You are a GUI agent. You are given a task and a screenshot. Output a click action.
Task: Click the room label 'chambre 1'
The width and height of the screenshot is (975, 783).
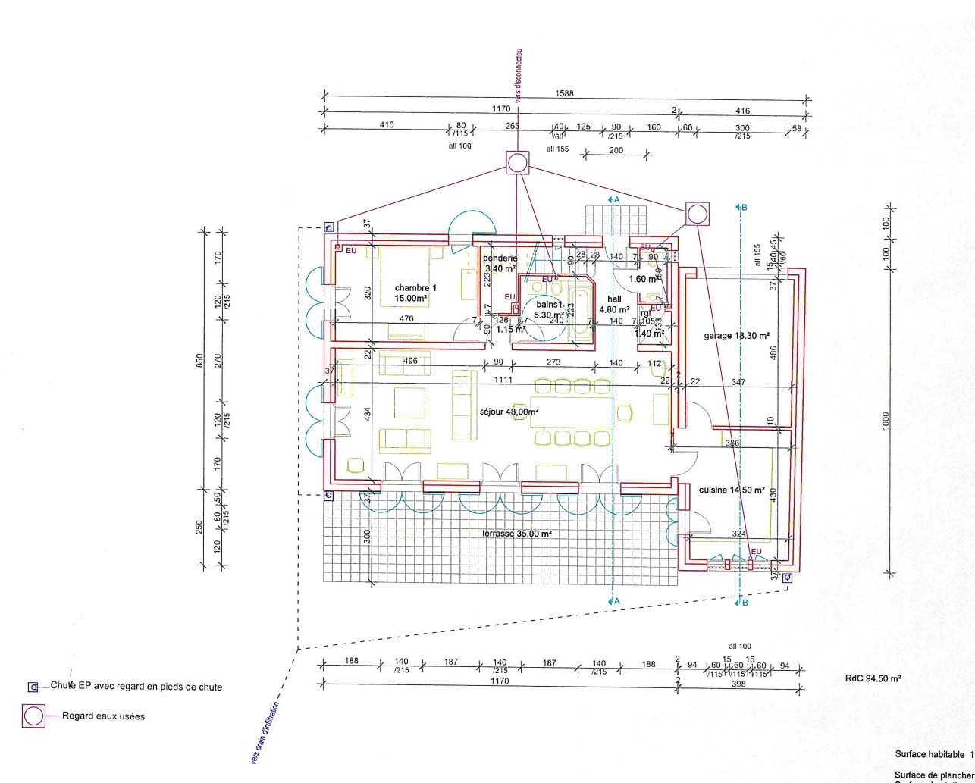(415, 288)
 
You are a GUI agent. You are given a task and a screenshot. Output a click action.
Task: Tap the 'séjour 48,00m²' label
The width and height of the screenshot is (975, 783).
(509, 412)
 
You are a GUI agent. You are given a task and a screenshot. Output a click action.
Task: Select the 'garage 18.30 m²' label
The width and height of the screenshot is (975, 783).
(736, 335)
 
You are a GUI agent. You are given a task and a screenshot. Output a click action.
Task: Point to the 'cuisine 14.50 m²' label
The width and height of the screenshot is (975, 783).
(731, 490)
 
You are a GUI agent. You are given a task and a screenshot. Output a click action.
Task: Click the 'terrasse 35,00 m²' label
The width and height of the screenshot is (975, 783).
(516, 534)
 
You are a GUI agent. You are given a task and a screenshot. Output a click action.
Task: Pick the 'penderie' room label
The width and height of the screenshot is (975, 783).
(500, 258)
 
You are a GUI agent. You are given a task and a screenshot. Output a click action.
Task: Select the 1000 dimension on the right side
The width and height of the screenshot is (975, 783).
(885, 421)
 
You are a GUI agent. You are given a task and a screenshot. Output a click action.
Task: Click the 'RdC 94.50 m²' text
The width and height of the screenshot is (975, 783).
(873, 679)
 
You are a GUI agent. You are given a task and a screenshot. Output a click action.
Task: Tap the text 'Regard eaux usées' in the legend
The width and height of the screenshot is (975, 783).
(103, 716)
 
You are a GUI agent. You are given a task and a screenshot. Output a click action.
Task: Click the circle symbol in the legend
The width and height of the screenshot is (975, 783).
(33, 716)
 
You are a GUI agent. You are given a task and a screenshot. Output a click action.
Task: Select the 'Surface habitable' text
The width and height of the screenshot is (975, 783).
(930, 755)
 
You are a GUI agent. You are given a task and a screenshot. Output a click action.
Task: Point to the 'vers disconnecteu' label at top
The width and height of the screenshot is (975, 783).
(519, 76)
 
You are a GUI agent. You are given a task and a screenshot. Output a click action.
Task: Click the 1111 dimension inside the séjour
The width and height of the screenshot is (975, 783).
(502, 379)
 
